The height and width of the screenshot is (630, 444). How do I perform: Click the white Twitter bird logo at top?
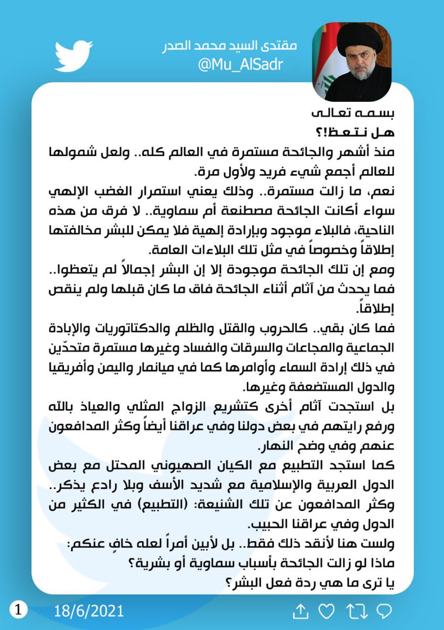74,54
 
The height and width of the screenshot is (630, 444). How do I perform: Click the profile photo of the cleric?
351,62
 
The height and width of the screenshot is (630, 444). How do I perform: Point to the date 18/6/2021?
89,611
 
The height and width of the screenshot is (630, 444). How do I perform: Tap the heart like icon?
327,611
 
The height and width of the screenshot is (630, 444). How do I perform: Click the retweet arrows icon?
355,611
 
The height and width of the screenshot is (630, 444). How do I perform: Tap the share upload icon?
299,611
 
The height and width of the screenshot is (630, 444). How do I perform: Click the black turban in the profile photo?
356,42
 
